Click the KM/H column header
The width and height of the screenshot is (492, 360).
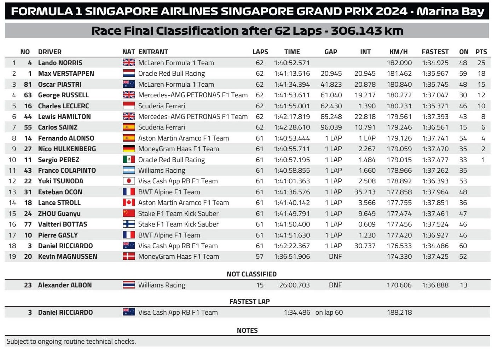coord(398,52)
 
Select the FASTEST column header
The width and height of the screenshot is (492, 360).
coord(435,52)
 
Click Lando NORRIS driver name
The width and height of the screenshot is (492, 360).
coord(60,63)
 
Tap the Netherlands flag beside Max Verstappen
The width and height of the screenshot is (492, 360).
coord(129,73)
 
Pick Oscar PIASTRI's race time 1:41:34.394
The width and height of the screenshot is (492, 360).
coord(292,84)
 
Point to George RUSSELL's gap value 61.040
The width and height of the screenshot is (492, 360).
coord(331,95)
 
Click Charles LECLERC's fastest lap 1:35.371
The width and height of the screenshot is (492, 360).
coord(435,106)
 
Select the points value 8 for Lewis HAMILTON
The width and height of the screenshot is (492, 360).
coord(483,116)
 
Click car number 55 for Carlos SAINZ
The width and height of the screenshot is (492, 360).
coord(28,127)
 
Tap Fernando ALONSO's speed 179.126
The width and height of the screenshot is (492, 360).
coord(399,138)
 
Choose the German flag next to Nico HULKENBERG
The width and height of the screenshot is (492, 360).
coord(129,149)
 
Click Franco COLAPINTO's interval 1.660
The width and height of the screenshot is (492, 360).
coord(367,170)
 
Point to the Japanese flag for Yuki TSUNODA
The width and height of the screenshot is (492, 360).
coord(129,181)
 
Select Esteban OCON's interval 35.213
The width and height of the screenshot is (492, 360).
coord(365,192)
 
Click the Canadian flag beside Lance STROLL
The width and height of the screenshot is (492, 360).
coord(129,202)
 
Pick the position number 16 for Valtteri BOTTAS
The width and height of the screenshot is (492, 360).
coord(12,224)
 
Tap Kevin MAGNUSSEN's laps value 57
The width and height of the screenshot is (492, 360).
coord(260,256)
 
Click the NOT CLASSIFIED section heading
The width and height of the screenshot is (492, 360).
coord(251,274)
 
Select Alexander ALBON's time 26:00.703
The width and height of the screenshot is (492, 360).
coord(294,285)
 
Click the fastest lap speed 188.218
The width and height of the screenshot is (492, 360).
coord(399,312)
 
